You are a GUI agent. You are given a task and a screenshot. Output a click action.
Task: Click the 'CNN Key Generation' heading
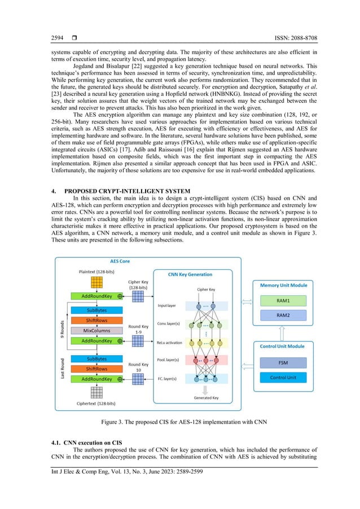190,274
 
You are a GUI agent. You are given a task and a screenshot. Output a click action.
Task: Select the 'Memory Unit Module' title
284,286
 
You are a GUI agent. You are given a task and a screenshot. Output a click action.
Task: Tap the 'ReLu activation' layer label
170,342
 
